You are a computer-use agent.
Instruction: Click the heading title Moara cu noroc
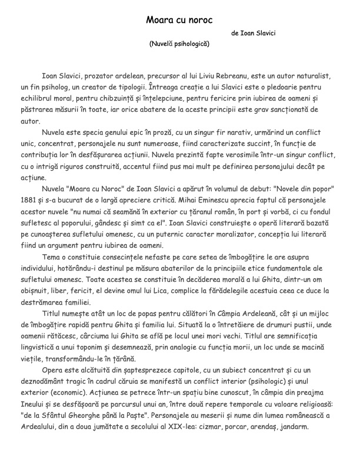click(179, 20)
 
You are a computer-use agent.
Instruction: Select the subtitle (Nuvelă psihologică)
click(179, 44)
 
